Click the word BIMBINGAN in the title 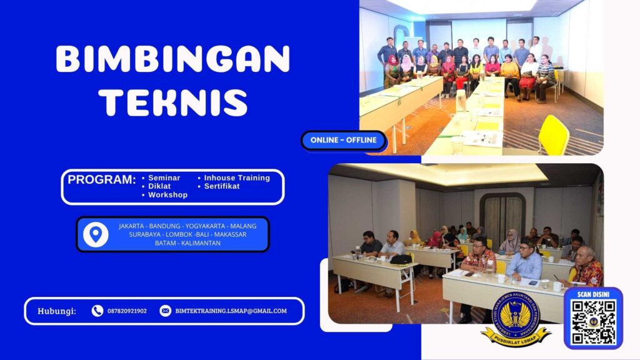tap(172, 60)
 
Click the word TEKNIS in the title tap(173, 101)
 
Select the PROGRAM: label tap(102, 180)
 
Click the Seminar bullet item tap(164, 178)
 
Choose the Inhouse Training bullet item tap(236, 178)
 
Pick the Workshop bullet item tap(167, 195)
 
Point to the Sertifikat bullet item tap(221, 186)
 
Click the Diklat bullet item tap(160, 186)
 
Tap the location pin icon tap(96, 234)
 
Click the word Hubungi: tap(57, 311)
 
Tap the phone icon tap(97, 311)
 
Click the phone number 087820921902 tap(127, 311)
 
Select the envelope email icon tap(165, 311)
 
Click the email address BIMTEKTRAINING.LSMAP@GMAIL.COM tap(231, 311)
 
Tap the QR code tap(593, 322)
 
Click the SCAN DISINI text tap(593, 294)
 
